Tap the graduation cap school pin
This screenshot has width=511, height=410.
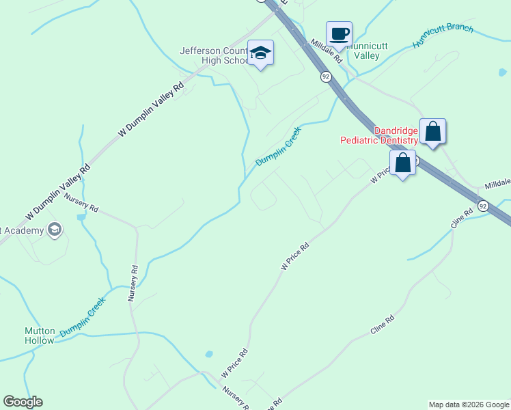click(260, 53)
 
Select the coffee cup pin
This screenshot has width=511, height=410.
click(339, 33)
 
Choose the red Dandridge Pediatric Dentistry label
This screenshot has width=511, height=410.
click(379, 135)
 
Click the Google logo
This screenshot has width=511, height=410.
click(23, 402)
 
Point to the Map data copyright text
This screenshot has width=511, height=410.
click(469, 405)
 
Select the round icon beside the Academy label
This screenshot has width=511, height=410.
click(55, 230)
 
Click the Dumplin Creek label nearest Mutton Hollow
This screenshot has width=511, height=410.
click(83, 317)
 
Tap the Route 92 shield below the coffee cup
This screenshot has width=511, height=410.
click(325, 77)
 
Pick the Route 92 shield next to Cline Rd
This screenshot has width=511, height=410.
click(483, 205)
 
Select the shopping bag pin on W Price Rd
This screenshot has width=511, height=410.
click(403, 164)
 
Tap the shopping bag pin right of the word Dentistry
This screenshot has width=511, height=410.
click(432, 131)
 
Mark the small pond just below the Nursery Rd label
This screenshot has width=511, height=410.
click(82, 217)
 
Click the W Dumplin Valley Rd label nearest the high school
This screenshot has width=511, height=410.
click(151, 111)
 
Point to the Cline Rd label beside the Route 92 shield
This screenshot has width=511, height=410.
click(461, 219)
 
